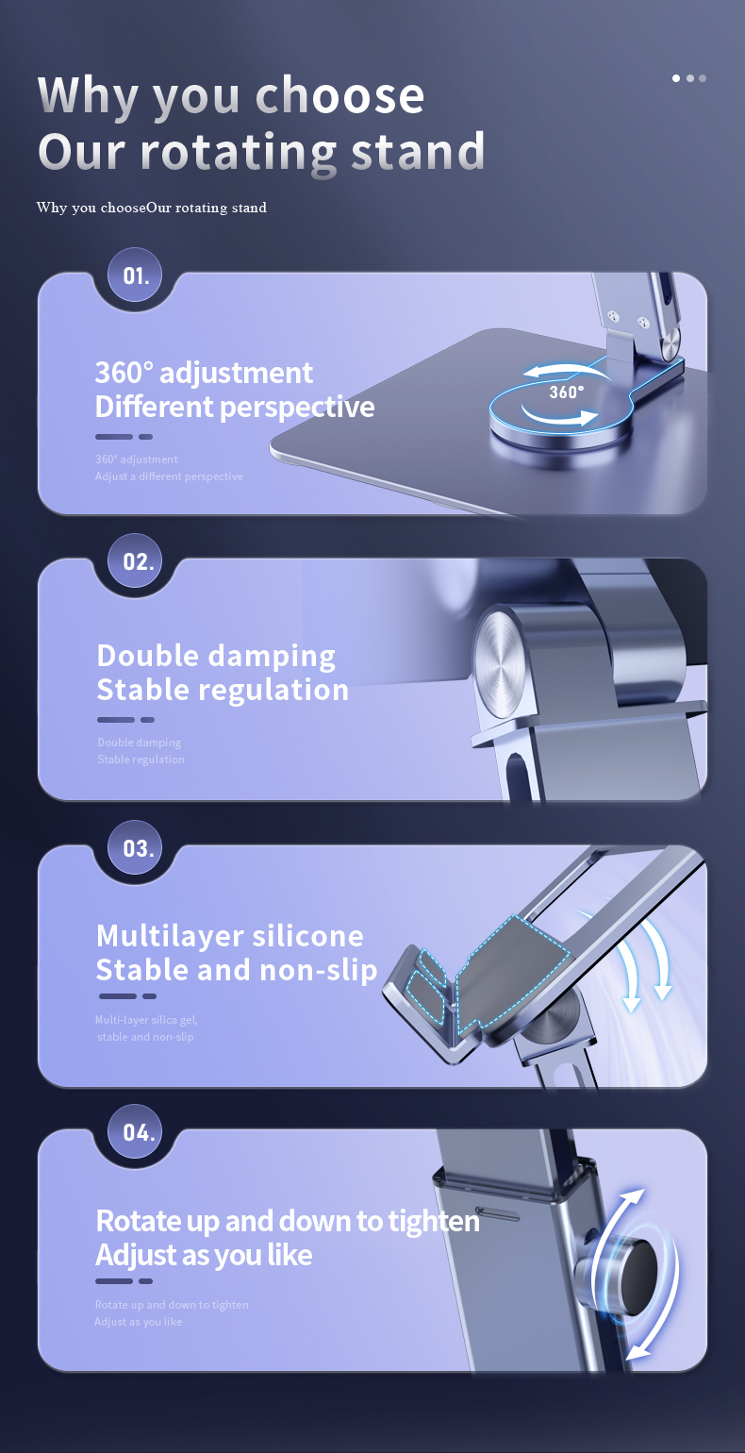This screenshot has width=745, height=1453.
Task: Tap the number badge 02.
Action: (138, 562)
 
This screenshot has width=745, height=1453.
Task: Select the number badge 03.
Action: (138, 848)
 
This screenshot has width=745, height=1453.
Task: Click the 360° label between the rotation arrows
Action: (566, 392)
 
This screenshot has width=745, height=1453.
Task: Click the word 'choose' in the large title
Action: (339, 96)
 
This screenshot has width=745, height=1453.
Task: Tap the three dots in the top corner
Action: (689, 78)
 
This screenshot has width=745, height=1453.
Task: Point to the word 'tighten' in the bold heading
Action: (433, 1221)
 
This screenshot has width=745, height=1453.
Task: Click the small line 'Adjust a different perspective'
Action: (169, 476)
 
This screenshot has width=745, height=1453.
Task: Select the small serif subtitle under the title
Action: (152, 208)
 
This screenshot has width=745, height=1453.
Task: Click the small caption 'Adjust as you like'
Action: (139, 1322)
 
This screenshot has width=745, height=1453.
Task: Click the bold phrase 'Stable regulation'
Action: (223, 690)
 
